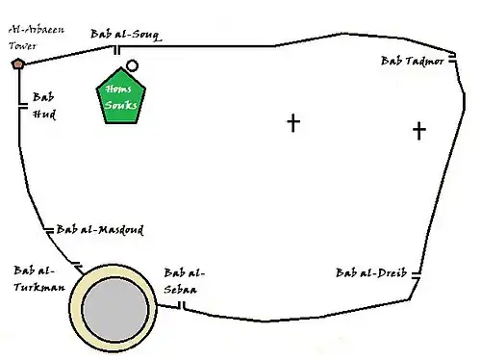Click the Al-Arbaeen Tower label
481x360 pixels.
(x=37, y=38)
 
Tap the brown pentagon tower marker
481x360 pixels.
(x=18, y=64)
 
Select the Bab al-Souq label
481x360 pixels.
(x=126, y=35)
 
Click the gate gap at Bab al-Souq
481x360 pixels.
(x=117, y=50)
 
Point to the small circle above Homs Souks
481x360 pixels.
(x=132, y=65)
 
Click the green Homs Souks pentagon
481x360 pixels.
(x=121, y=96)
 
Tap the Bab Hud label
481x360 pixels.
(x=44, y=106)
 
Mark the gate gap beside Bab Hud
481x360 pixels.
(x=23, y=106)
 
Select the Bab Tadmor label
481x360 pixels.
(x=413, y=61)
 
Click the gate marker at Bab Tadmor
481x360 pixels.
(x=452, y=58)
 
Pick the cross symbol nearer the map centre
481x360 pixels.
(x=293, y=122)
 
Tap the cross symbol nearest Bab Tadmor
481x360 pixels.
(x=419, y=131)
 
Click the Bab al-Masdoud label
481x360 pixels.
(x=100, y=230)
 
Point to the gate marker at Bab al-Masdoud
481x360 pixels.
(x=49, y=230)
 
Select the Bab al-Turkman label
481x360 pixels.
(x=39, y=278)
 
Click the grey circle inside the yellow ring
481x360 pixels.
(x=115, y=309)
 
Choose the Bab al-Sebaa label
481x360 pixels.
(x=184, y=281)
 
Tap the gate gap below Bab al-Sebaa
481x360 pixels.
(x=182, y=305)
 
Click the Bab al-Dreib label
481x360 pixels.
(x=371, y=272)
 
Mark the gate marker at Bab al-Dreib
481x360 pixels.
(x=416, y=275)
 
